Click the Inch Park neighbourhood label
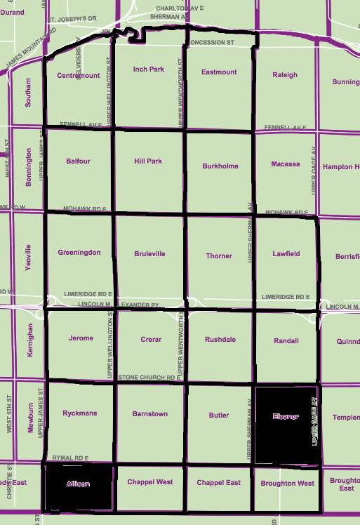coord(148,69)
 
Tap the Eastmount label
coord(219,72)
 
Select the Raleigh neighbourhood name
coord(285,75)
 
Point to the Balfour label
coord(78,161)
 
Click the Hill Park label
coord(148,161)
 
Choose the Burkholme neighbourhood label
coord(220,166)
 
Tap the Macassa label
coord(285,164)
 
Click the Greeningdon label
coord(79,253)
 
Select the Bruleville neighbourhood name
coord(149,254)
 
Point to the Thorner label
coord(219,256)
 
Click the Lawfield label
coord(286,253)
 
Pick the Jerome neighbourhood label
coord(81,338)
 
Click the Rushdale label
coord(220,340)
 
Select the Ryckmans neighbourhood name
coord(79,414)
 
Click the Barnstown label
coord(150,414)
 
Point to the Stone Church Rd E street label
coord(146,378)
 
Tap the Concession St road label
coord(211,43)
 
